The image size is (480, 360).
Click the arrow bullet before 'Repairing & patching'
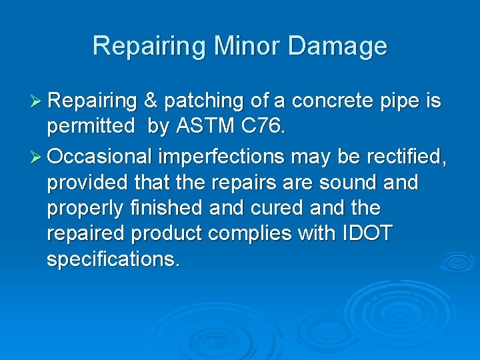click(x=38, y=101)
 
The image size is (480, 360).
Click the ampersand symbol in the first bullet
click(x=150, y=101)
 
